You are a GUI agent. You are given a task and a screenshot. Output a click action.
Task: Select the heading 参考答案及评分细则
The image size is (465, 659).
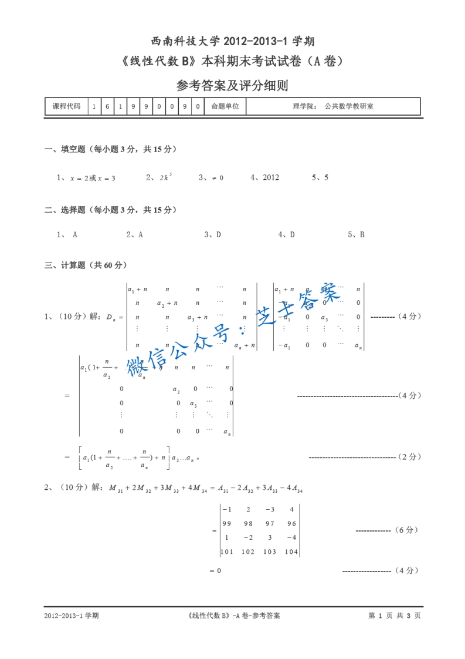pos(232,86)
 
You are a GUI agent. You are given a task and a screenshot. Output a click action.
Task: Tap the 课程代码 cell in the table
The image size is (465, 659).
pos(66,106)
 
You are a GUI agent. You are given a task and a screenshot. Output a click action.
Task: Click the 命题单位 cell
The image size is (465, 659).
pos(225,106)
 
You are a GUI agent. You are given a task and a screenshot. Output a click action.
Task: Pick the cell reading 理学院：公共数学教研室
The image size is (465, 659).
pos(332,106)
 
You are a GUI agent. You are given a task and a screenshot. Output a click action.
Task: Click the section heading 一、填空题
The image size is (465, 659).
pos(111,149)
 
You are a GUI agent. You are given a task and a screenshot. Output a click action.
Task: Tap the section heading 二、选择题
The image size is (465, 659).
pos(111,210)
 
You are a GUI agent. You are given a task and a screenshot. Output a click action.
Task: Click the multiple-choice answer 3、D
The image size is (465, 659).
pos(212,234)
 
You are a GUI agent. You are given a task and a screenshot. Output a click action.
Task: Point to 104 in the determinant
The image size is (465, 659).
pos(291,552)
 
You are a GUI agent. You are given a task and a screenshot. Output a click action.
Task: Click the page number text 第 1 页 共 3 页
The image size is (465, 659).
pos(394,616)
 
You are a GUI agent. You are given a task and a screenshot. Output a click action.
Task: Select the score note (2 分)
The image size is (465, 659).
pos(408,456)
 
